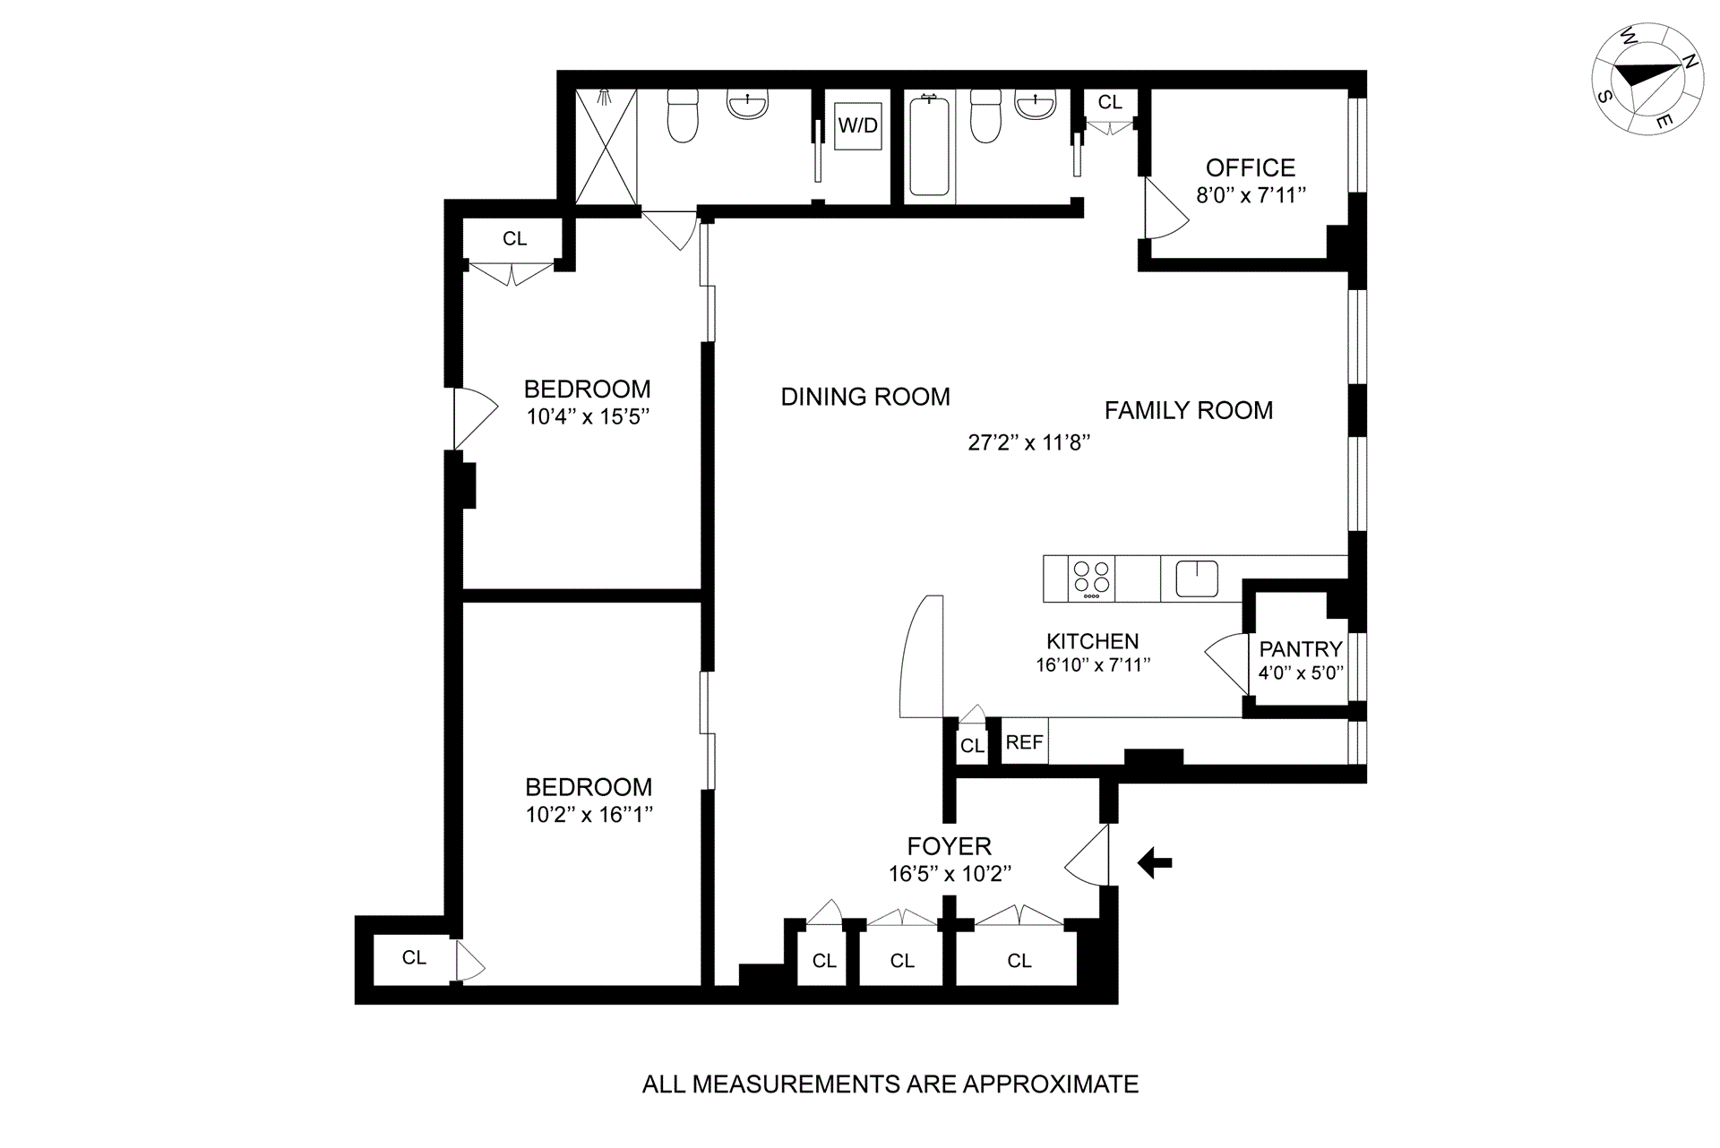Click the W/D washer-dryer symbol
point(857,126)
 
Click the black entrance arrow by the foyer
point(1155,863)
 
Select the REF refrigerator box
point(1024,742)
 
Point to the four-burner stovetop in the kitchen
point(1091,578)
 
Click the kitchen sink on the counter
point(1196,578)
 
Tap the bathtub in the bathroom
point(929,146)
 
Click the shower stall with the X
point(606,146)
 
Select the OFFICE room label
point(1250,168)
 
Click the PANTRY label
point(1300,649)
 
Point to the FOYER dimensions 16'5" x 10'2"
point(950,874)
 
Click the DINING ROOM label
point(865,397)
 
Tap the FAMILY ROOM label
point(1188,410)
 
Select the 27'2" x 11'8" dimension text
point(1028,442)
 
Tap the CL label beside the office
point(1110,103)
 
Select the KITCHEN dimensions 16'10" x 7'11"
point(1092,665)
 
